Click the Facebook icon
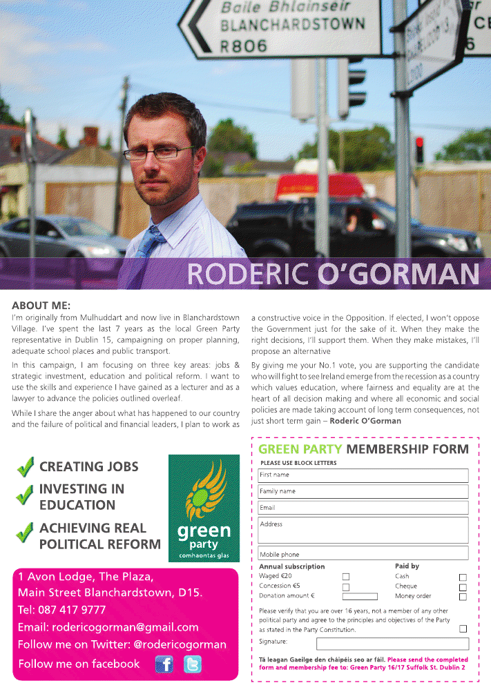click(x=164, y=664)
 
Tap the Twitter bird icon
click(x=193, y=664)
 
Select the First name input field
click(x=363, y=475)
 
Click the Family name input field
click(x=363, y=491)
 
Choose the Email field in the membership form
click(x=363, y=508)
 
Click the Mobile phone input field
click(x=363, y=553)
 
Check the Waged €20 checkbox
click(x=346, y=577)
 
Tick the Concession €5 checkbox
click(x=346, y=587)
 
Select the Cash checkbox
click(x=463, y=577)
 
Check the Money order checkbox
click(x=463, y=597)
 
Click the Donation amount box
click(x=360, y=597)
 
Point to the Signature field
click(x=392, y=644)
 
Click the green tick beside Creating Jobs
click(x=26, y=468)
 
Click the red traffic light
click(x=419, y=142)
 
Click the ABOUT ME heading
click(x=41, y=305)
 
